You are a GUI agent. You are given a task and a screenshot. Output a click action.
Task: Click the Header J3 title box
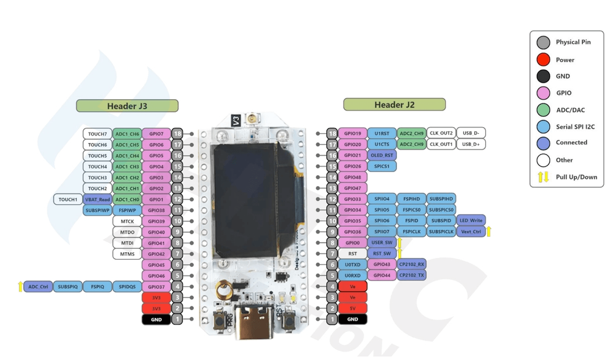(x=127, y=106)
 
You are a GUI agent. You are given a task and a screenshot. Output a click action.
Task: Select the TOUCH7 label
(x=97, y=134)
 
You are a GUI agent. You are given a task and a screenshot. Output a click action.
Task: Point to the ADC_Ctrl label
(x=38, y=286)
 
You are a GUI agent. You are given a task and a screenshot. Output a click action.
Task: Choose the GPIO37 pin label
(x=156, y=286)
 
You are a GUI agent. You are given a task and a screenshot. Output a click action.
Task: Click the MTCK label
(x=127, y=221)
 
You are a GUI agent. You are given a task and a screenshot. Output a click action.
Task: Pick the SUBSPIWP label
(x=97, y=210)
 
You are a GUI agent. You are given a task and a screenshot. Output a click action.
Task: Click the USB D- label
(x=471, y=133)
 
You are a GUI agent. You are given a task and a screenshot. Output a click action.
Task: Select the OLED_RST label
(x=382, y=155)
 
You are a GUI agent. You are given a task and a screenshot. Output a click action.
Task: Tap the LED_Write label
(x=471, y=220)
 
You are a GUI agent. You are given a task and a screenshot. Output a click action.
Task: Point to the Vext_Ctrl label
(x=471, y=232)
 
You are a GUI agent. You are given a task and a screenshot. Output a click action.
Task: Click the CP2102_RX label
(x=412, y=264)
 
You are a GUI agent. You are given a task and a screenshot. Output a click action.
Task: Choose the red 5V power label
(x=353, y=308)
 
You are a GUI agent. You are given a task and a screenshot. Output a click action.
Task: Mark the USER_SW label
(x=382, y=242)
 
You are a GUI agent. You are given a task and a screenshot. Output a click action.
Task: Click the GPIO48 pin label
(x=353, y=177)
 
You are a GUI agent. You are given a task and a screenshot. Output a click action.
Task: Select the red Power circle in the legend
(x=544, y=60)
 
